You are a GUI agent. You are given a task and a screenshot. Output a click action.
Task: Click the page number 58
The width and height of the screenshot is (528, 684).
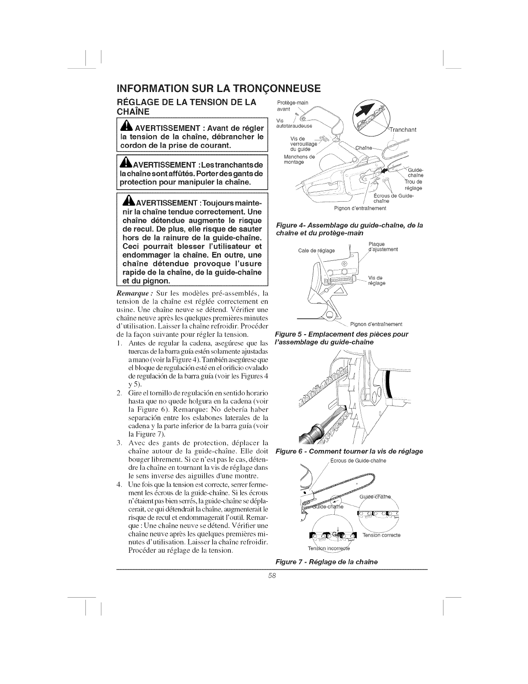point(271,576)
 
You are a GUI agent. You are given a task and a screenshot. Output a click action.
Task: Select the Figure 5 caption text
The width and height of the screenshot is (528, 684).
point(342,338)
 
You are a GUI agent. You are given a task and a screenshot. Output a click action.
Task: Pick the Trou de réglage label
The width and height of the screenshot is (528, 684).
point(413,185)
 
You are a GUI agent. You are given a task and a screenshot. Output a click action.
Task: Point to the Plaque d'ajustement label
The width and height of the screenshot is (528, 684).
point(383,247)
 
